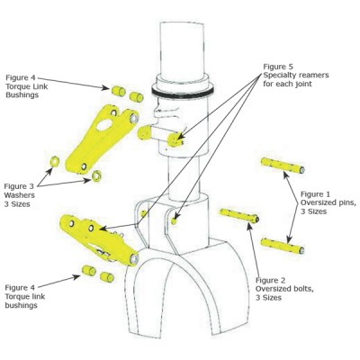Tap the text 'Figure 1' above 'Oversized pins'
click(x=318, y=193)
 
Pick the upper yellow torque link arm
click(x=105, y=135)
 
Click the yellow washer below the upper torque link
click(x=89, y=175)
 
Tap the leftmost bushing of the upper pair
click(x=118, y=92)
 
